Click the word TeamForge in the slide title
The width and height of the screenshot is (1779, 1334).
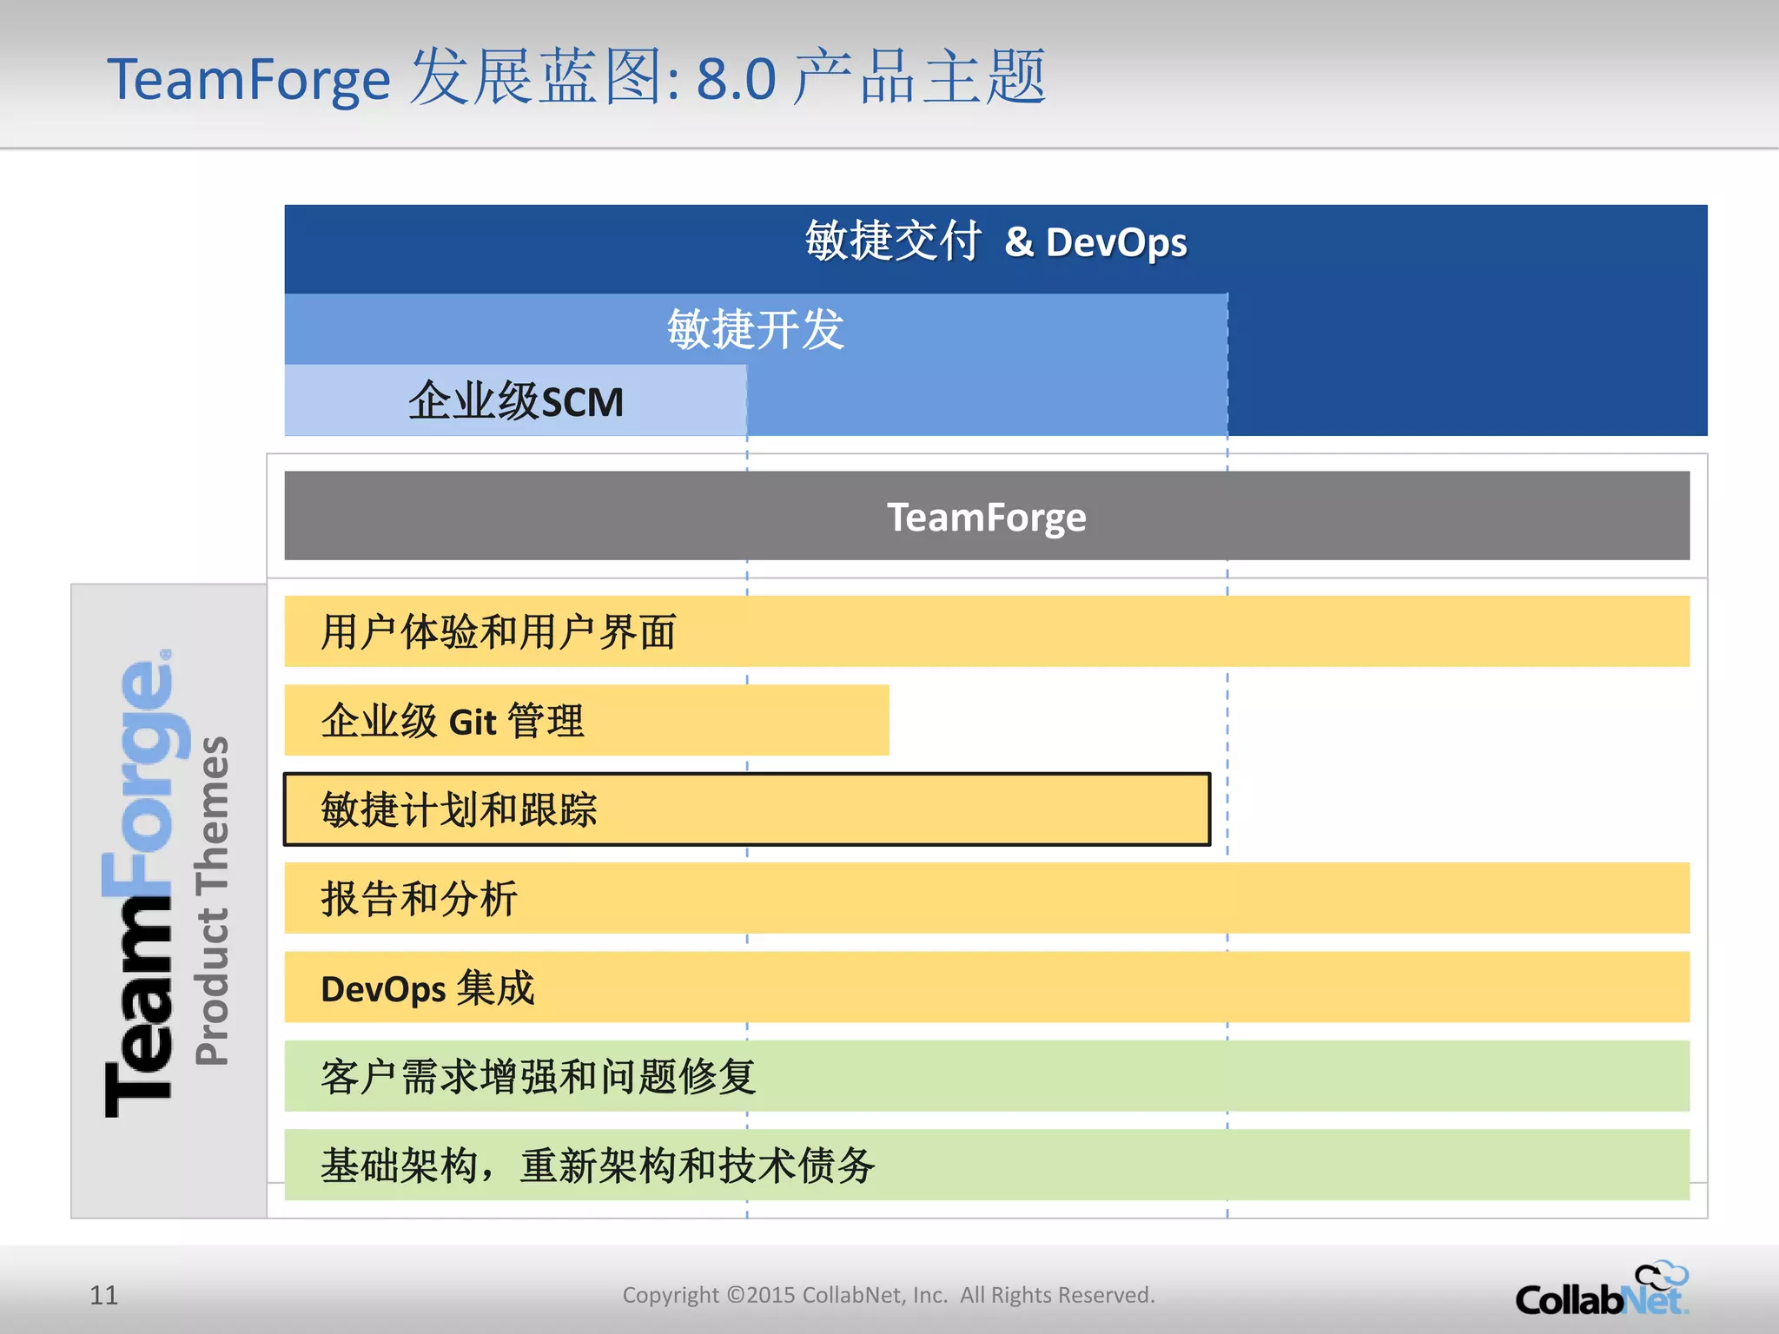click(x=248, y=80)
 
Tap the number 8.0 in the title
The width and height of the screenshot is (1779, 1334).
click(x=736, y=80)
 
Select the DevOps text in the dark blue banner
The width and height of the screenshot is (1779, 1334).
click(x=1116, y=242)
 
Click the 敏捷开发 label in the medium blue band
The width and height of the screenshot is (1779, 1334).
click(x=756, y=330)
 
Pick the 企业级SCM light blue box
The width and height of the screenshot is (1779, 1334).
click(x=515, y=401)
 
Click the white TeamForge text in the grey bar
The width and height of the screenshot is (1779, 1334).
click(x=986, y=518)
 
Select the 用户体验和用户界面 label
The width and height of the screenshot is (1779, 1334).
click(x=499, y=632)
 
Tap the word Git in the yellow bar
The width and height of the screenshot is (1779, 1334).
click(x=473, y=723)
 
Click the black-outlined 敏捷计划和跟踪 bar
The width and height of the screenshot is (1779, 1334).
click(x=747, y=809)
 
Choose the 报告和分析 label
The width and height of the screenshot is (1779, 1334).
click(x=420, y=899)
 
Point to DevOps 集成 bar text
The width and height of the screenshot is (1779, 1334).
click(x=427, y=988)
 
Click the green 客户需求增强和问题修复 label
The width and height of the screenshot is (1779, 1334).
click(x=539, y=1077)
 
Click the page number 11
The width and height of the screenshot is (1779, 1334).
click(x=103, y=1295)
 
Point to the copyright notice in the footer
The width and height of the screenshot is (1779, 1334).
click(x=889, y=1295)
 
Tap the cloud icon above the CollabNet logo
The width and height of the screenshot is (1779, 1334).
click(x=1661, y=1275)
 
